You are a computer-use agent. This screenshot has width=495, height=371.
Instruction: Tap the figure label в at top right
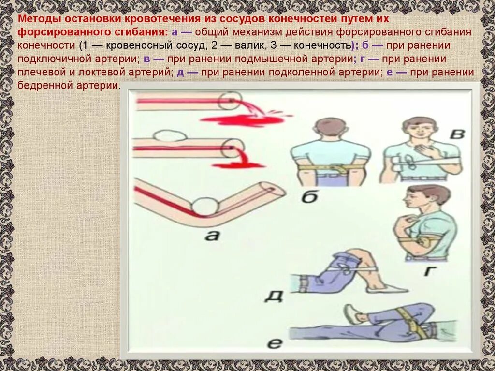[457, 134]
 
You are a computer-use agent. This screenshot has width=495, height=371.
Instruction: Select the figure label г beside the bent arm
[428, 270]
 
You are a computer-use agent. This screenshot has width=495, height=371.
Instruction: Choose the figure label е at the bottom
[275, 343]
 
